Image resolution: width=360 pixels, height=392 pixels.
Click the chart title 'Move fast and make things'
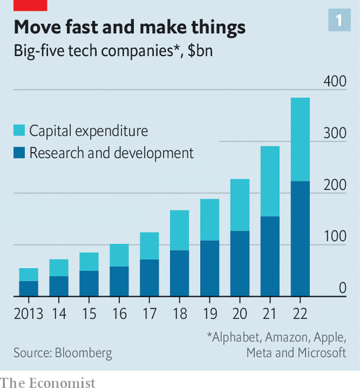pyautogui.click(x=130, y=27)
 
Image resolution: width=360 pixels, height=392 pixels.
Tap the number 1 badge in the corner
pyautogui.click(x=339, y=21)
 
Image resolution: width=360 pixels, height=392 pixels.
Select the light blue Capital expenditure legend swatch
pyautogui.click(x=19, y=130)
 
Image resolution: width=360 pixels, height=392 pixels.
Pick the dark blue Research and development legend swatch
pyautogui.click(x=19, y=153)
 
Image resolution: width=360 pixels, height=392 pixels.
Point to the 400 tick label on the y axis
pyautogui.click(x=335, y=81)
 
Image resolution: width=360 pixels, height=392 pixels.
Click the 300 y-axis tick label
pyautogui.click(x=335, y=133)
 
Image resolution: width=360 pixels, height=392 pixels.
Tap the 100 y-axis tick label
pyautogui.click(x=335, y=236)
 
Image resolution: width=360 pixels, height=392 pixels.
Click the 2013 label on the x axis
pyautogui.click(x=28, y=313)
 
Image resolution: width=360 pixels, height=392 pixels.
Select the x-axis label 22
pyautogui.click(x=300, y=313)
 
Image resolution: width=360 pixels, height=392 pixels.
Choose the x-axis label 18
pyautogui.click(x=179, y=313)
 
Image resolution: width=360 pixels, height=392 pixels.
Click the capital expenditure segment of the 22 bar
pyautogui.click(x=300, y=139)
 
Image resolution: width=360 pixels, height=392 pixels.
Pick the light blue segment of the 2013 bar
pyautogui.click(x=28, y=275)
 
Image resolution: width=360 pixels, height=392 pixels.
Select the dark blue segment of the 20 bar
pyautogui.click(x=240, y=263)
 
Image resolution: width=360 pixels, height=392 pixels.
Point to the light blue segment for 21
pyautogui.click(x=270, y=181)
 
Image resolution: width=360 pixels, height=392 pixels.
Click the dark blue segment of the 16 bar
pyautogui.click(x=119, y=281)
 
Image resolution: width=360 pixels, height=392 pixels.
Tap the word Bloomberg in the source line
pyautogui.click(x=83, y=354)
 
